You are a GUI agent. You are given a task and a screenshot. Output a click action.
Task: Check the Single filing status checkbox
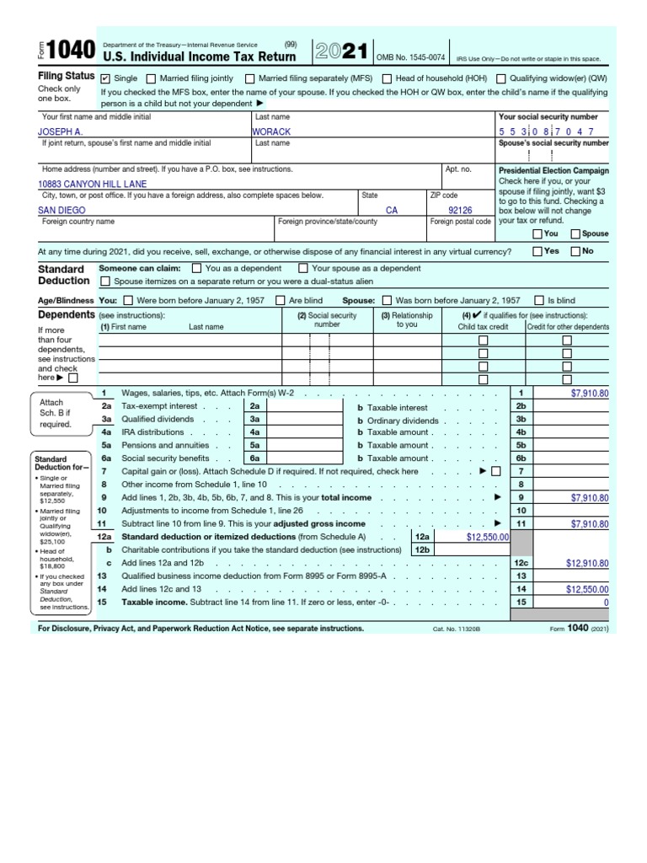[105, 78]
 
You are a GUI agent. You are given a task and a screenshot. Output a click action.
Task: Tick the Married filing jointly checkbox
[152, 78]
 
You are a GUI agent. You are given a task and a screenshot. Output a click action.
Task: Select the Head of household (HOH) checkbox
[386, 78]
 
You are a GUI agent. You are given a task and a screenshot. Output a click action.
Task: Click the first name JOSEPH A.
[61, 132]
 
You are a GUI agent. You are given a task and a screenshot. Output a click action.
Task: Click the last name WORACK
[271, 132]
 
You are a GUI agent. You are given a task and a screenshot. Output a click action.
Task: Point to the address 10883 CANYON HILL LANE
[92, 184]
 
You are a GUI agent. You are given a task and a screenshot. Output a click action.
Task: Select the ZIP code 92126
[460, 211]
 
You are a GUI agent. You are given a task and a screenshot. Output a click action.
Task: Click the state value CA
[392, 211]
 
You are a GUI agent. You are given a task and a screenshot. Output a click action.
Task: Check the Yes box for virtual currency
[537, 251]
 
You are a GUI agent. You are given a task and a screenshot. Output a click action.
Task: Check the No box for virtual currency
[575, 251]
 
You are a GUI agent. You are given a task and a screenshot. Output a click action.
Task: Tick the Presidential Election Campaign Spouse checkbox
[575, 233]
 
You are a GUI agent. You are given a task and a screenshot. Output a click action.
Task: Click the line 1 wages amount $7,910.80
[589, 393]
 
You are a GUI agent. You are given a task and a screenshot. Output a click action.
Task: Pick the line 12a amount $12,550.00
[488, 536]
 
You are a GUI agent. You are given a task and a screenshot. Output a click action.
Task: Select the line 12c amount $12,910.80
[587, 563]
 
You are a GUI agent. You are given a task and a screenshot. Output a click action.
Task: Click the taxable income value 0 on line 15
[605, 603]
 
